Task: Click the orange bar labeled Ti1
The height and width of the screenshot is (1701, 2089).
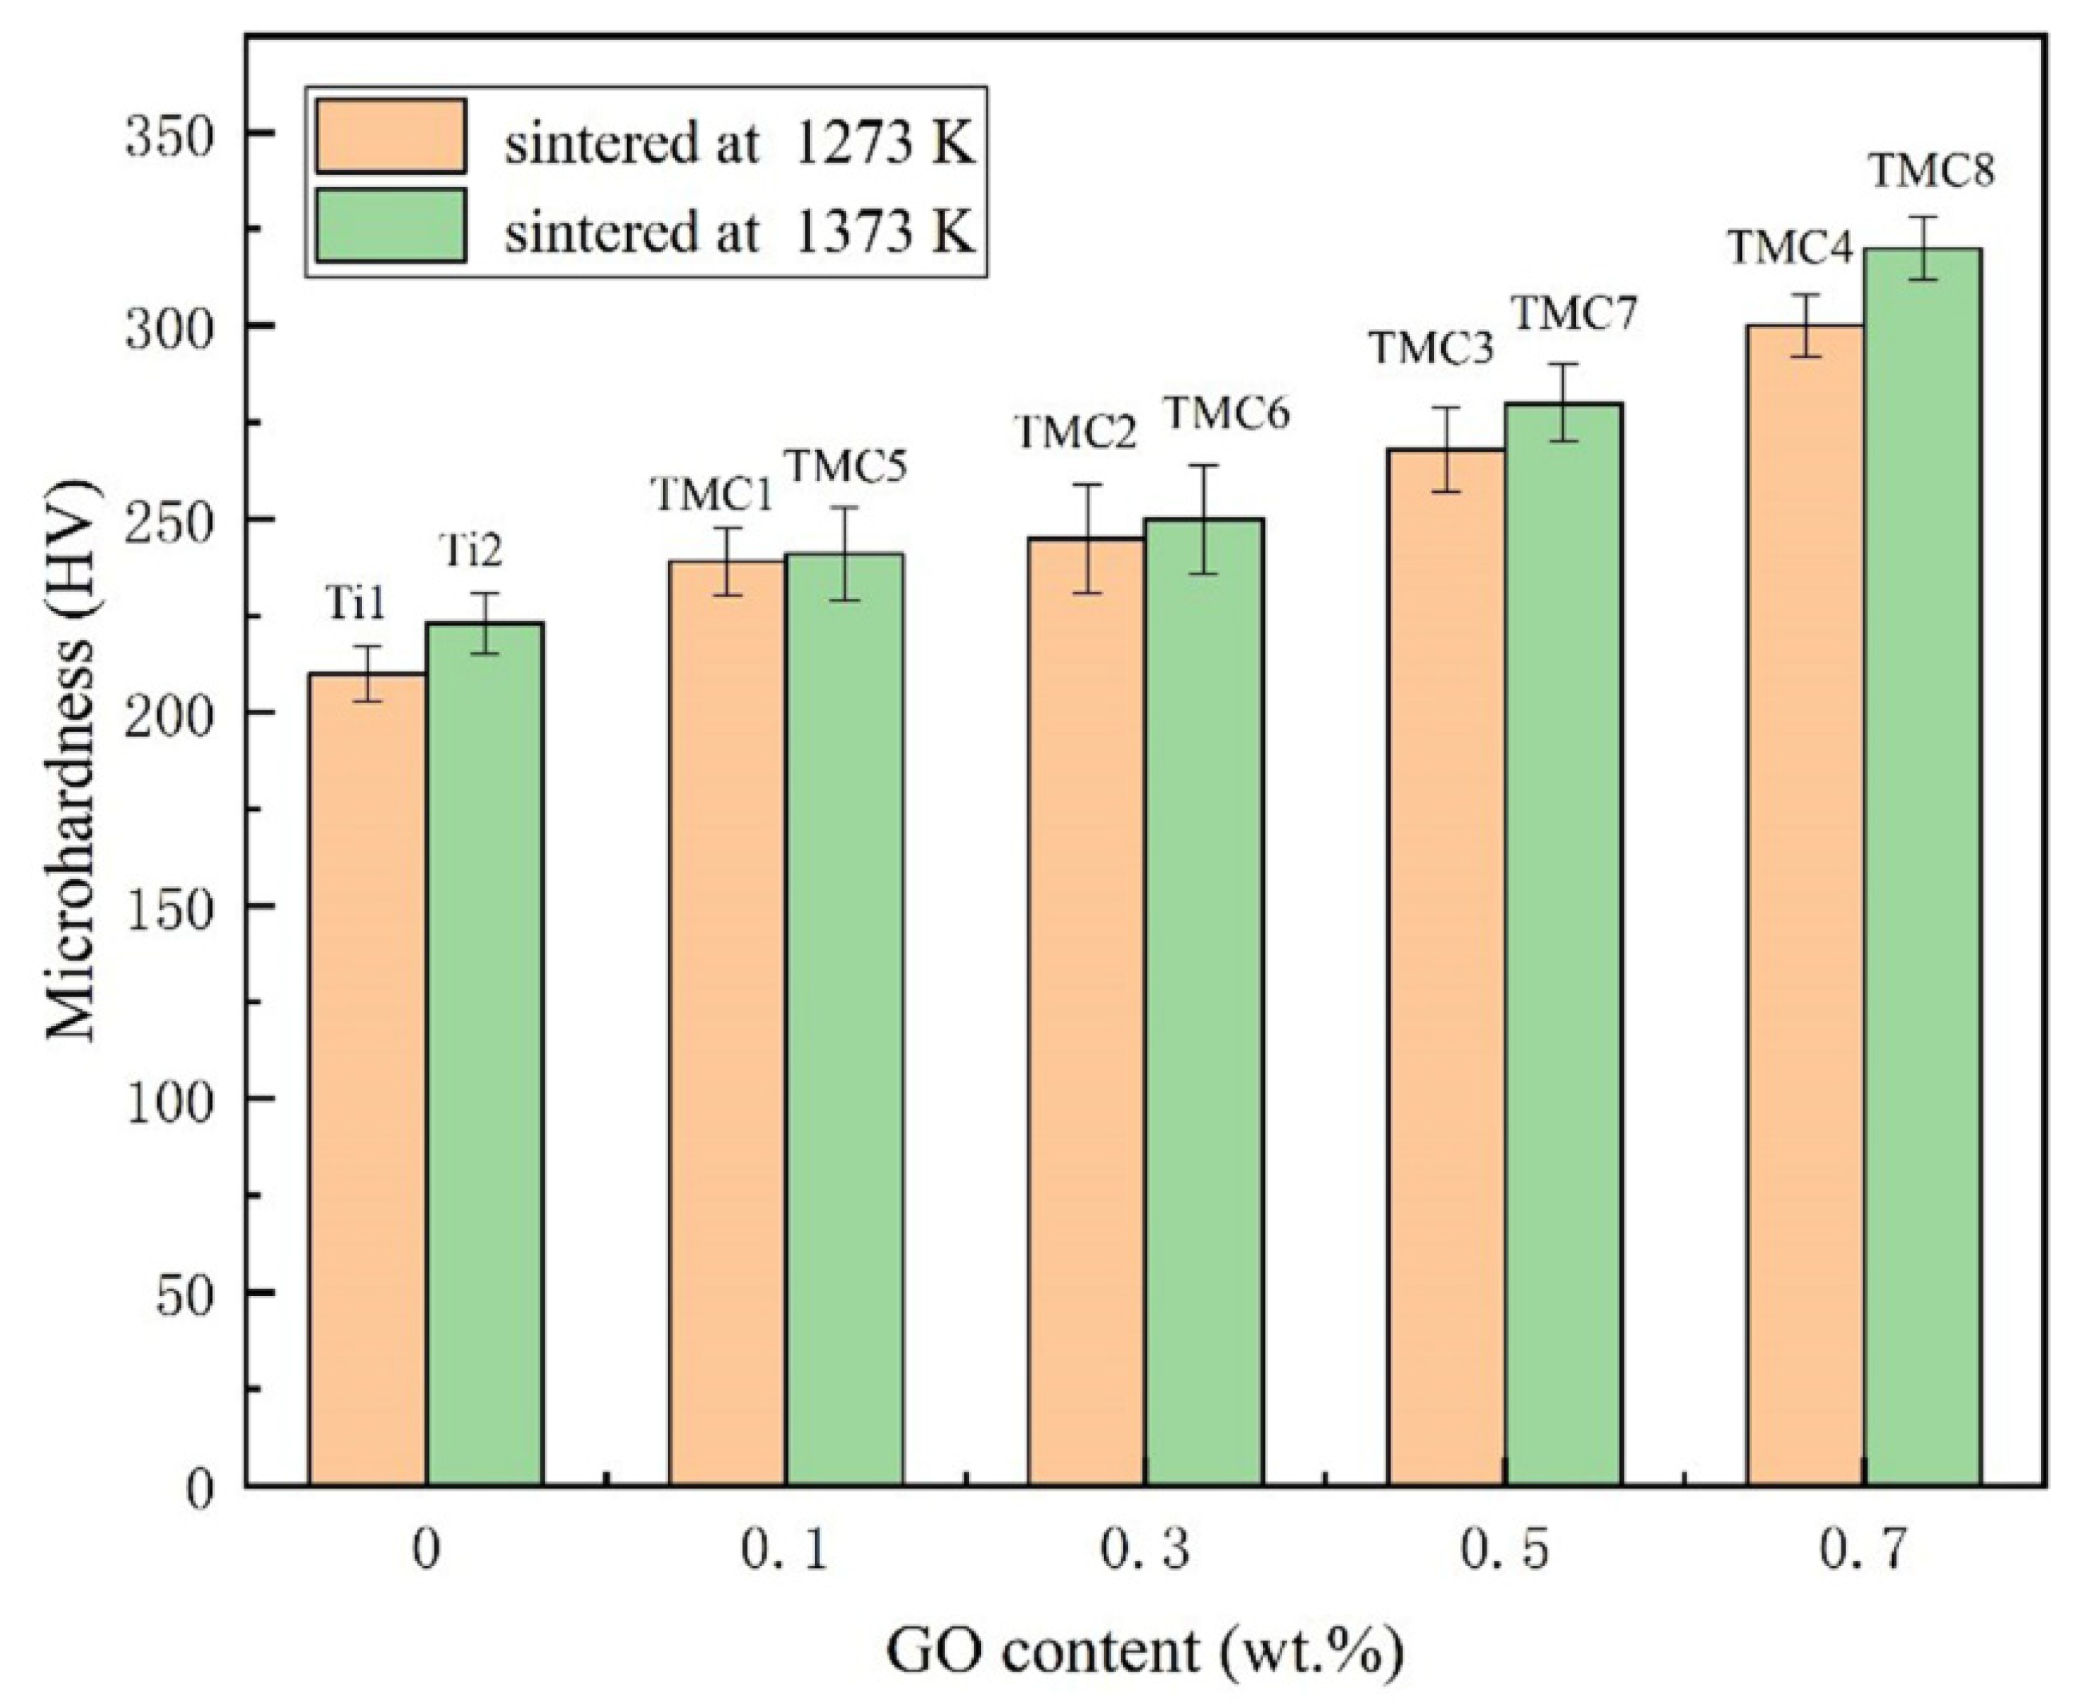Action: pyautogui.click(x=367, y=1078)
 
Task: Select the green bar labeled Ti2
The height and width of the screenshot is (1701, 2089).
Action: pyautogui.click(x=484, y=1053)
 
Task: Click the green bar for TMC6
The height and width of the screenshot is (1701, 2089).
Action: pyautogui.click(x=1203, y=1000)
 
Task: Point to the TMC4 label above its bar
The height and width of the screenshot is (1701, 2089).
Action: pyautogui.click(x=1789, y=248)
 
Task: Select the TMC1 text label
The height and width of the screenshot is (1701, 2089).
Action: pyautogui.click(x=713, y=495)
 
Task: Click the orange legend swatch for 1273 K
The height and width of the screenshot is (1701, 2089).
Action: pyautogui.click(x=390, y=136)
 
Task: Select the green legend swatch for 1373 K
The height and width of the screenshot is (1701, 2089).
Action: pyautogui.click(x=390, y=225)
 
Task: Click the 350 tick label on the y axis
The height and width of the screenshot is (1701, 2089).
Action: pyautogui.click(x=169, y=134)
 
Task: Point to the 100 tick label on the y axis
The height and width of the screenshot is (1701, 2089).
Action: pyautogui.click(x=169, y=1100)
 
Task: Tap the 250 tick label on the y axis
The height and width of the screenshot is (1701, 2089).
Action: pyautogui.click(x=169, y=520)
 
